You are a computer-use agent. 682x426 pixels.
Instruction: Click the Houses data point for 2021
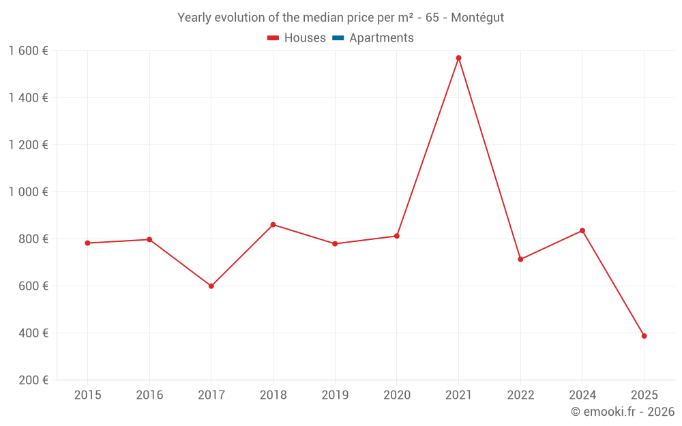[458, 58]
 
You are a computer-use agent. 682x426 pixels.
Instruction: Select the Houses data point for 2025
[644, 336]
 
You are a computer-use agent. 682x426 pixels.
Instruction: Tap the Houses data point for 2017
[211, 286]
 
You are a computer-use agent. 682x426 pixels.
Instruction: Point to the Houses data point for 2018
[273, 224]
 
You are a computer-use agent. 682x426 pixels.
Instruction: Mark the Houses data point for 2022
[520, 259]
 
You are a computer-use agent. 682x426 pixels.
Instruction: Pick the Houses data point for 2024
[582, 230]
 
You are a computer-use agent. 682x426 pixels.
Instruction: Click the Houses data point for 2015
[87, 243]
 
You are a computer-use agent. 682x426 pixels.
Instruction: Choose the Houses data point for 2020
[397, 236]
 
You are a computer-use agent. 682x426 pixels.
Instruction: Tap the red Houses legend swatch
[273, 38]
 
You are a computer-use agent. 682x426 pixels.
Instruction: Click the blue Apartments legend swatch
[338, 38]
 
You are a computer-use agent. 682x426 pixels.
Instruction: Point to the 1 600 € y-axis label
[28, 51]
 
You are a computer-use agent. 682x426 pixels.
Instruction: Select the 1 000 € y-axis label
[28, 192]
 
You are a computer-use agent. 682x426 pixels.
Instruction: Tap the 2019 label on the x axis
[335, 395]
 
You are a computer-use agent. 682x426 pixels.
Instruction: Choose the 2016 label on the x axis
[149, 395]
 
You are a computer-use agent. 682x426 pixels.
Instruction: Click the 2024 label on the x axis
[582, 395]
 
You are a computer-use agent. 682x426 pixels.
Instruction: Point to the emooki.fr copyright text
[623, 412]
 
